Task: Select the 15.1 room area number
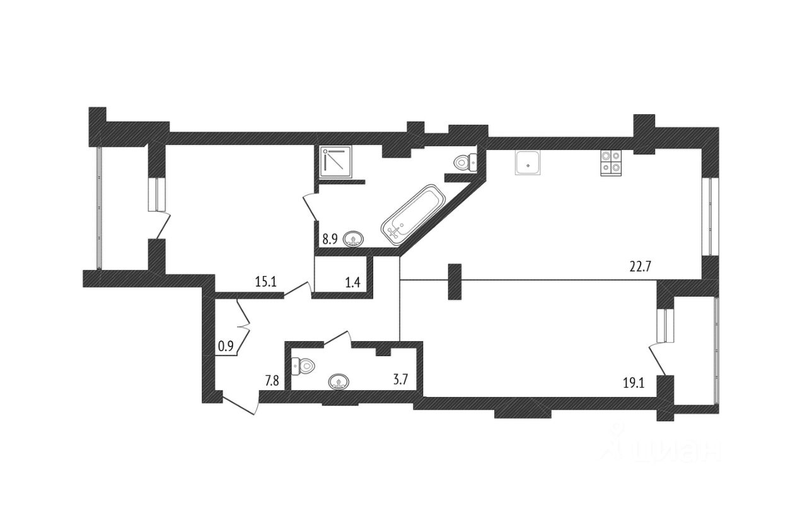click(266, 282)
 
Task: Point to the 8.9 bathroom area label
click(330, 239)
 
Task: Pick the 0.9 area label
click(226, 345)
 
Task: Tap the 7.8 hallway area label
click(272, 380)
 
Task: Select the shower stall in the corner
click(336, 162)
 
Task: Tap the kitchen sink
click(527, 163)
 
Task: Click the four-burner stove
click(610, 163)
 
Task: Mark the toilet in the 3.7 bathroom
click(305, 365)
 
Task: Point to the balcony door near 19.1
click(659, 359)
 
